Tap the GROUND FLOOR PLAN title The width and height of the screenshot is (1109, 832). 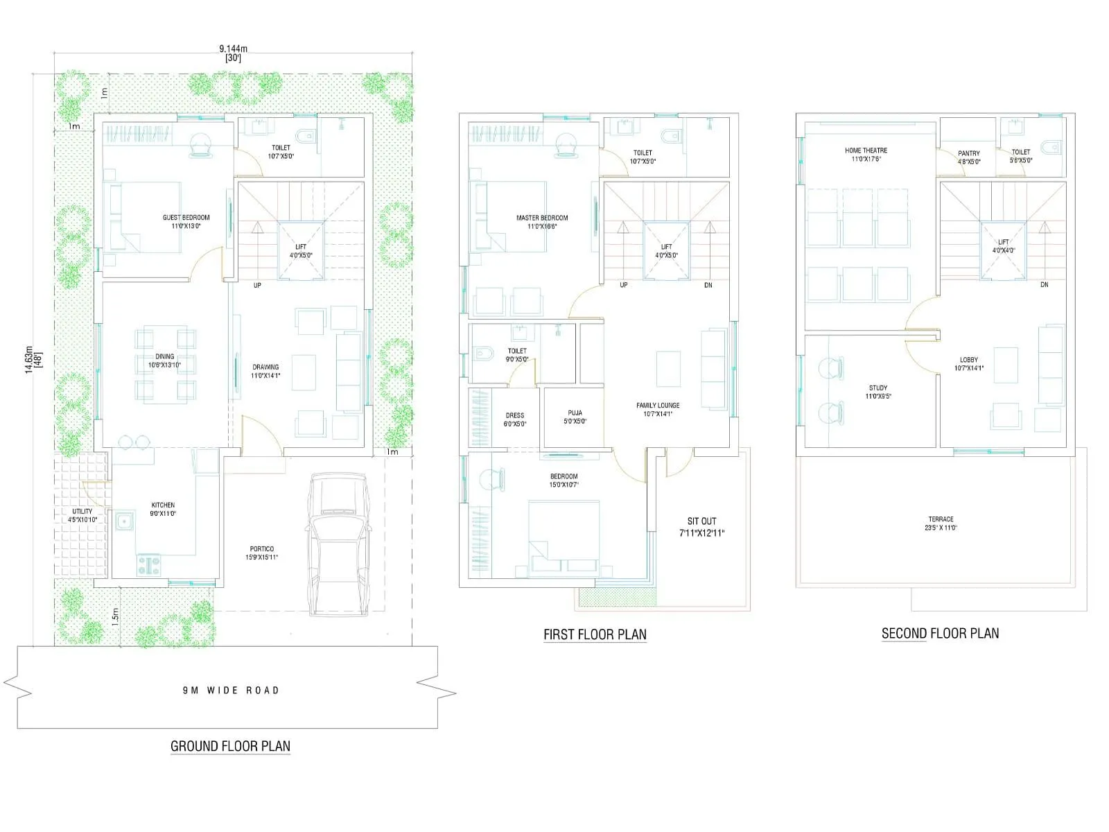pos(230,746)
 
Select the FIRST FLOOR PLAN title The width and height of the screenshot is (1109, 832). pos(595,634)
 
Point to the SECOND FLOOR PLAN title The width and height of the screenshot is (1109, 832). pos(940,633)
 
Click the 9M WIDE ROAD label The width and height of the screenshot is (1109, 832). pos(231,690)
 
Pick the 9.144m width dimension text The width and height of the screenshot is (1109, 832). pos(233,49)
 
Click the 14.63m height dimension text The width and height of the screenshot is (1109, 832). pos(29,359)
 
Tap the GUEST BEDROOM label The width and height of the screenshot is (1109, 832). pos(186,218)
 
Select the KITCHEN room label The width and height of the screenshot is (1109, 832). pos(163,505)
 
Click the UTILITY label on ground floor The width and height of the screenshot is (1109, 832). pos(82,512)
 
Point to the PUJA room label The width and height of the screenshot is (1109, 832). pos(575,413)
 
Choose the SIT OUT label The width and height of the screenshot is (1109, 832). pos(701,521)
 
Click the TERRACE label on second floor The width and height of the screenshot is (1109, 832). pos(941,519)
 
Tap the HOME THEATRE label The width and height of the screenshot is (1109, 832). pos(866,150)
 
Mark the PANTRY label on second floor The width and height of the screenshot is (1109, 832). pos(969,154)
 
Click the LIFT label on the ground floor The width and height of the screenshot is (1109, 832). pos(301,247)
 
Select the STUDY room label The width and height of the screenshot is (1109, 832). pos(877,388)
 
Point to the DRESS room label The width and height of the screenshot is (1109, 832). pos(514,416)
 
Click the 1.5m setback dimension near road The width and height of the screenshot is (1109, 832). pos(115,614)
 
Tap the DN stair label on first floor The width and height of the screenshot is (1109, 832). pos(708,285)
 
